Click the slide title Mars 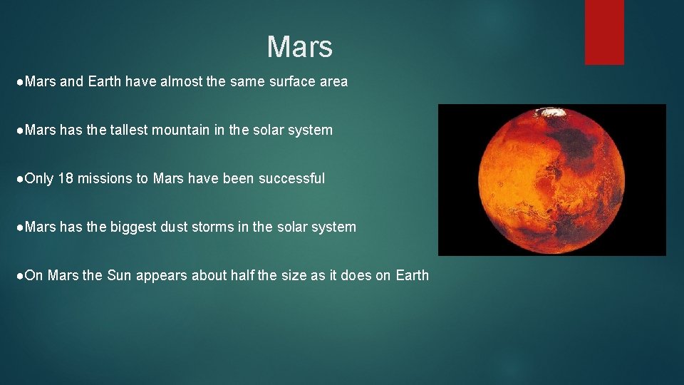click(299, 47)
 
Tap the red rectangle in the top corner click(603, 32)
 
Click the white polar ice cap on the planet click(553, 112)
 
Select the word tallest click(135, 130)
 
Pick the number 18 click(66, 178)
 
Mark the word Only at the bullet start click(39, 178)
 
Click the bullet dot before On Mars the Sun click(19, 275)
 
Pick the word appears click(162, 276)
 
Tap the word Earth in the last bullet click(412, 275)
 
